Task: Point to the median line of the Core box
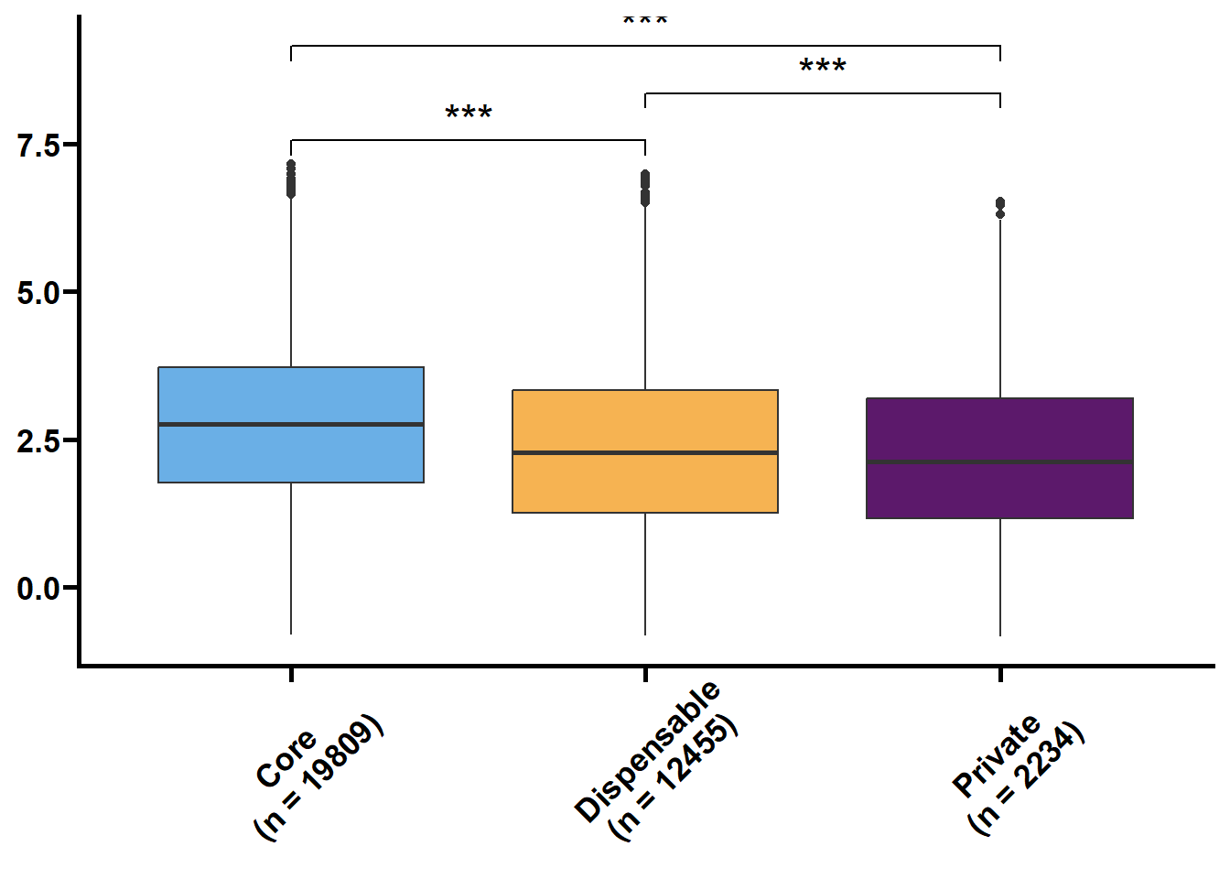click(x=291, y=425)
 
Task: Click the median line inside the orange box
click(x=645, y=452)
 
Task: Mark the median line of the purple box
click(x=1000, y=462)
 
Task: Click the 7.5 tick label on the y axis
click(x=38, y=146)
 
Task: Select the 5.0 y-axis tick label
click(x=38, y=293)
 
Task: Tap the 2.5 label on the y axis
click(x=38, y=440)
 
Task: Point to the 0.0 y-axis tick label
click(x=38, y=589)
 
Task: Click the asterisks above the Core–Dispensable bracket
click(x=469, y=114)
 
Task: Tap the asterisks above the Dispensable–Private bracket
click(x=823, y=67)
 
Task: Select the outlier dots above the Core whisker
click(x=291, y=179)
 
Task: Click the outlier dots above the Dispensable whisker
click(x=645, y=189)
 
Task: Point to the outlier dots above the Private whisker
click(x=1000, y=208)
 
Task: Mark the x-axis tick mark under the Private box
click(x=1000, y=675)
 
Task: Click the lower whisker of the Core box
click(x=291, y=559)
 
